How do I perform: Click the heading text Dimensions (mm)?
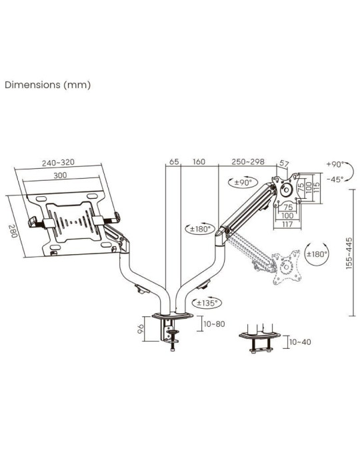tap(47, 85)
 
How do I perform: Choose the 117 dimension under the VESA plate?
tap(288, 225)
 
